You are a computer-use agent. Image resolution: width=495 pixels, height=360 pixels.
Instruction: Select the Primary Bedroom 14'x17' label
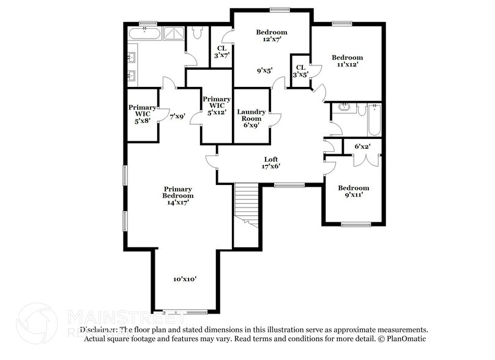tap(177, 195)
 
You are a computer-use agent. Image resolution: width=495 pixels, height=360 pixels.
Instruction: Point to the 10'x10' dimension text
tap(184, 279)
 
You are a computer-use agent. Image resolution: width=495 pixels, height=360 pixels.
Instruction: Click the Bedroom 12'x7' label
tap(272, 36)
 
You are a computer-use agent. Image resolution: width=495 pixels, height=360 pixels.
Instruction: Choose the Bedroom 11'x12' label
tap(348, 61)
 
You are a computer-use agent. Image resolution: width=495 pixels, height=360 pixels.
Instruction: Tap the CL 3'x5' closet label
tap(300, 72)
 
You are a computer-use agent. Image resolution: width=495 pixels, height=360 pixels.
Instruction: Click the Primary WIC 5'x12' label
tap(217, 105)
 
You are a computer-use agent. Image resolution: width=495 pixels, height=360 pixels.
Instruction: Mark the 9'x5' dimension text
tap(264, 70)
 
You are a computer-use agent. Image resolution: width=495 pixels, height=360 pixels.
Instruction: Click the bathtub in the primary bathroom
tap(144, 32)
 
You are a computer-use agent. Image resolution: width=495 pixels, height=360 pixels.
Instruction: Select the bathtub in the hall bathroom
tap(374, 120)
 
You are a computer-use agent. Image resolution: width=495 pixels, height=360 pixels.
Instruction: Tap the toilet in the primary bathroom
tap(197, 34)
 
